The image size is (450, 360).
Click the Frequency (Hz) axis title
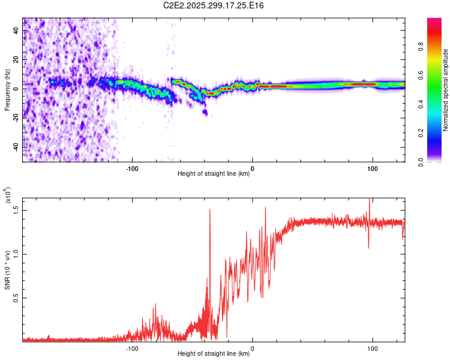(7, 90)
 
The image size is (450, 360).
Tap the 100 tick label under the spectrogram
(373, 167)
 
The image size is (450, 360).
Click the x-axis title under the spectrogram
(214, 174)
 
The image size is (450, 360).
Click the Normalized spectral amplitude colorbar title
(446, 90)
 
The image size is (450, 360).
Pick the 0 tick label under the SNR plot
(252, 347)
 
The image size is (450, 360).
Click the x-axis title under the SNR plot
(214, 354)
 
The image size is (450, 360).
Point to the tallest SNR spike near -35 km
(210, 209)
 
